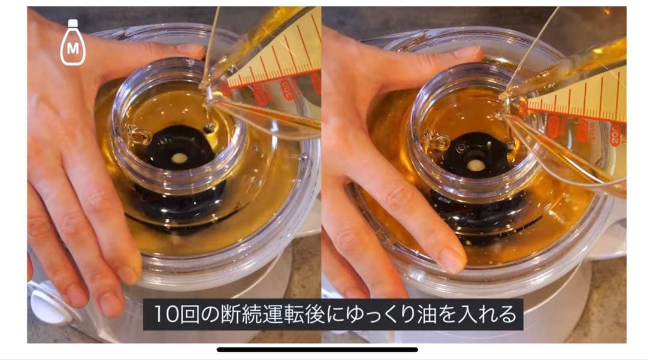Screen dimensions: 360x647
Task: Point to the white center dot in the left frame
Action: pyautogui.click(x=179, y=158)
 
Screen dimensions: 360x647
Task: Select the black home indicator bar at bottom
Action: pyautogui.click(x=317, y=349)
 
